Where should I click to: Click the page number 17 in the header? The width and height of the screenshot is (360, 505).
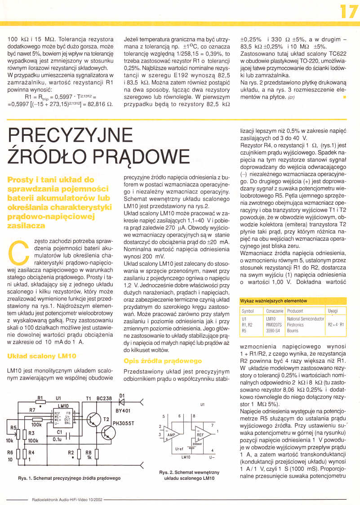348,11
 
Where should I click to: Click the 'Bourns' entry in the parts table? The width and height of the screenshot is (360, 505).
293,330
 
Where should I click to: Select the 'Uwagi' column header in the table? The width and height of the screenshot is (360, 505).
333,311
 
